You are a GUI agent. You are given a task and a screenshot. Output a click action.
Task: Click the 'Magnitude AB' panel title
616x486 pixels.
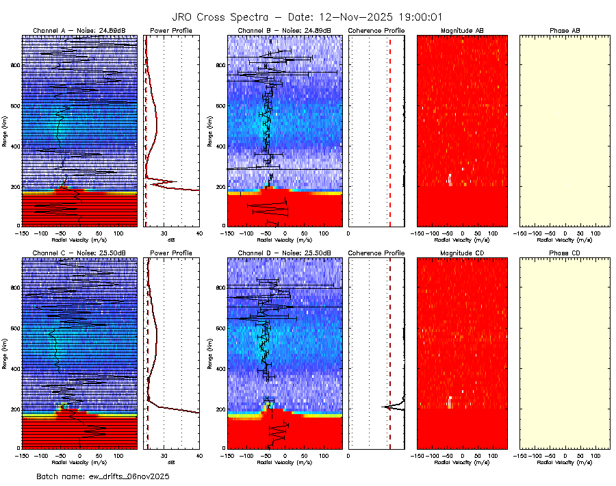[462, 31]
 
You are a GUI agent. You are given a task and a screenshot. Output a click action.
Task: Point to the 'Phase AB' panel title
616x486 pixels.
[565, 31]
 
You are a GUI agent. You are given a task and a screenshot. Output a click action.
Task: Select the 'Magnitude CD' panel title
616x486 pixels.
[462, 253]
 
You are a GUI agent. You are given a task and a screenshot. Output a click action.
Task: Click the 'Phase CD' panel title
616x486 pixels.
[565, 253]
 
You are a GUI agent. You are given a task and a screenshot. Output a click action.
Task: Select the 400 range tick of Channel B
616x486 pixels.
[220, 146]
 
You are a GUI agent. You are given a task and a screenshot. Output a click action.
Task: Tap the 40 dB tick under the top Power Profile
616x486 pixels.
[198, 233]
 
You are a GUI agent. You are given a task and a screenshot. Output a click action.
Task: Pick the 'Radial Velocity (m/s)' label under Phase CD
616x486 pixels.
[565, 462]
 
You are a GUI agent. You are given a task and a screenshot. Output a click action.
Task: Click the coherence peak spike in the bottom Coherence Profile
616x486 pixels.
[385, 407]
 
